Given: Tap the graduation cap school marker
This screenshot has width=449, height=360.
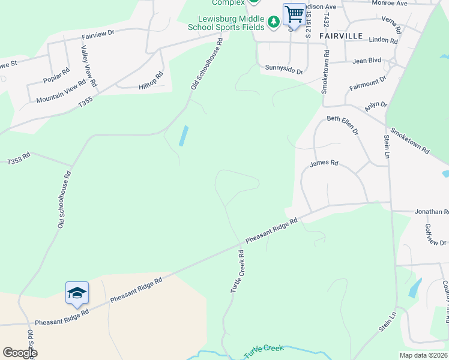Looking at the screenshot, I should pyautogui.click(x=77, y=293).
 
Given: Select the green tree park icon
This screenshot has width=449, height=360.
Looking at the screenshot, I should pyautogui.click(x=274, y=22).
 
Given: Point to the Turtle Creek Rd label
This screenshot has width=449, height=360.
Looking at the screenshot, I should pyautogui.click(x=239, y=272).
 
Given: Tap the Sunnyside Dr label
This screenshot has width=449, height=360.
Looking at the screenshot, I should pyautogui.click(x=285, y=70).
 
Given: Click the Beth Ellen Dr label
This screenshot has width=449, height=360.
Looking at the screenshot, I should pyautogui.click(x=342, y=125).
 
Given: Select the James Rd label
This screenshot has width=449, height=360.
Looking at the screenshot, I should pyautogui.click(x=324, y=163).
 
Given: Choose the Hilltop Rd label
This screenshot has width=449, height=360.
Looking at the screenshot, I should pyautogui.click(x=151, y=81).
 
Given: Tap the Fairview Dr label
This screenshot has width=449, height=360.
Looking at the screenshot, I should pyautogui.click(x=98, y=36).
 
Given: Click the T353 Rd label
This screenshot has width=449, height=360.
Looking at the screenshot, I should pyautogui.click(x=19, y=161).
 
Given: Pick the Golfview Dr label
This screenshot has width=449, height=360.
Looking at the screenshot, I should pyautogui.click(x=435, y=235).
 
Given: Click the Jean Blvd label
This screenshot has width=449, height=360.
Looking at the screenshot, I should pyautogui.click(x=367, y=61).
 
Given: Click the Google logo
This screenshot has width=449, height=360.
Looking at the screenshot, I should pyautogui.click(x=19, y=353).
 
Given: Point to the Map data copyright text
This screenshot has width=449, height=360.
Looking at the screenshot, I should pyautogui.click(x=423, y=355).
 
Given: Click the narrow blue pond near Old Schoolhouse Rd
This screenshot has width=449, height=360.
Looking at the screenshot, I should pyautogui.click(x=183, y=136).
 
